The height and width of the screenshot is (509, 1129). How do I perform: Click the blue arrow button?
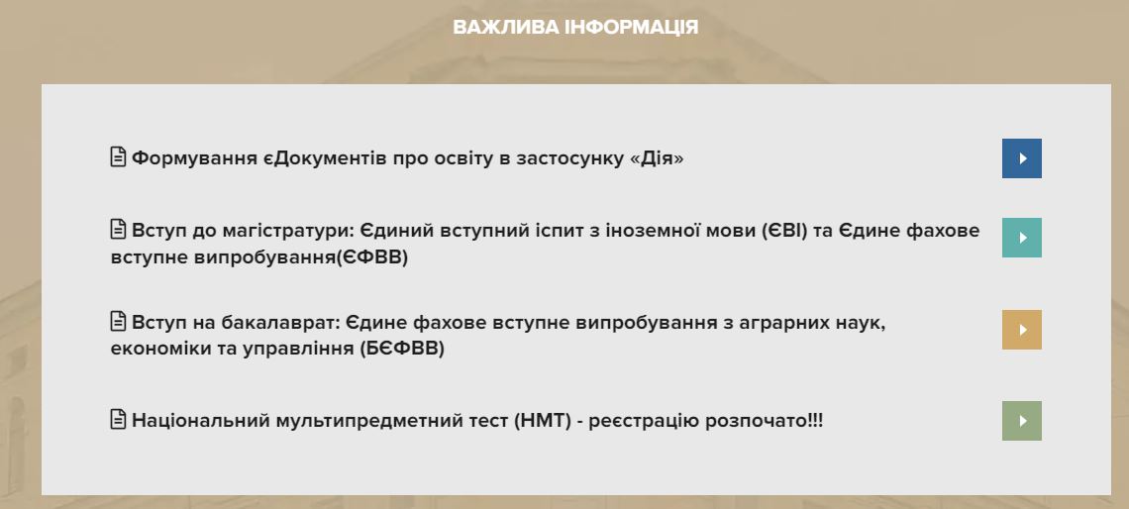coord(1022,158)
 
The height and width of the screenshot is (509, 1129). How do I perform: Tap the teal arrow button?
coord(1022,238)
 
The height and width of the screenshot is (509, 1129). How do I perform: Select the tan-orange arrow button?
coord(1022,330)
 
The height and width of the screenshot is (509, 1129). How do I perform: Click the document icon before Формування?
coord(118,156)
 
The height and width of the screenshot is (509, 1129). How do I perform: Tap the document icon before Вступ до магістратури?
coord(118,229)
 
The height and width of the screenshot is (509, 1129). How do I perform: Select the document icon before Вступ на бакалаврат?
coord(118,321)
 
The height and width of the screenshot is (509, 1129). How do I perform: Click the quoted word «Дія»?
coord(657,158)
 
